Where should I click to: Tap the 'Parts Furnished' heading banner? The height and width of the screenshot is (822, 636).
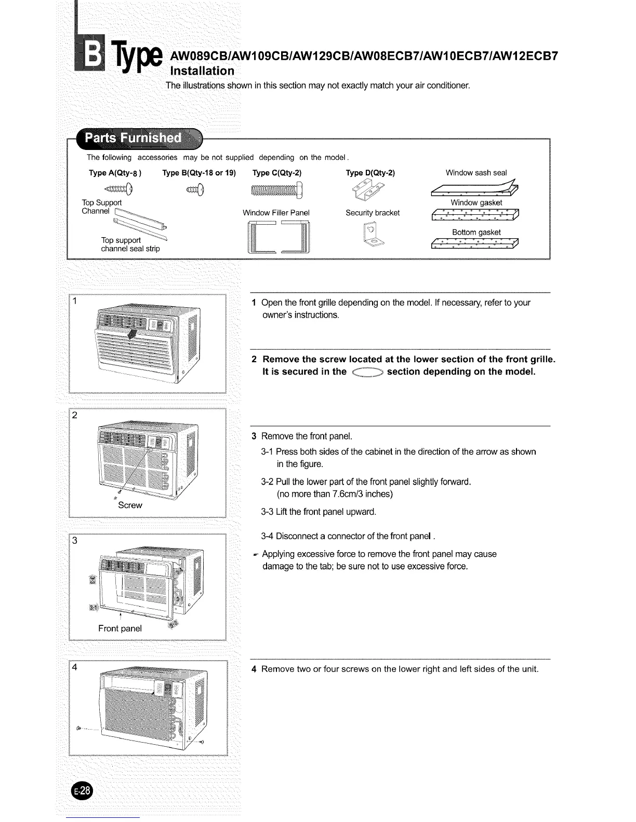coord(134,138)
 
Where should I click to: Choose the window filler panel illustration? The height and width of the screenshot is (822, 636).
coord(279,237)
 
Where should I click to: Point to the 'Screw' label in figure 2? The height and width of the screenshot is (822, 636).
coord(130,505)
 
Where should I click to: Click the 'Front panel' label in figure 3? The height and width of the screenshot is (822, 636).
coord(120,628)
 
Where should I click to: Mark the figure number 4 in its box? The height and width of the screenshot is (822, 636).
coord(75,667)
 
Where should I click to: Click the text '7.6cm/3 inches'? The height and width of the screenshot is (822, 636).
coord(366,494)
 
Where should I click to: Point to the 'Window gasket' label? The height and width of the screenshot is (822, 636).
coord(476,203)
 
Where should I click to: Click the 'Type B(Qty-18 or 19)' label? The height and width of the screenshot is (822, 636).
coord(199,173)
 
